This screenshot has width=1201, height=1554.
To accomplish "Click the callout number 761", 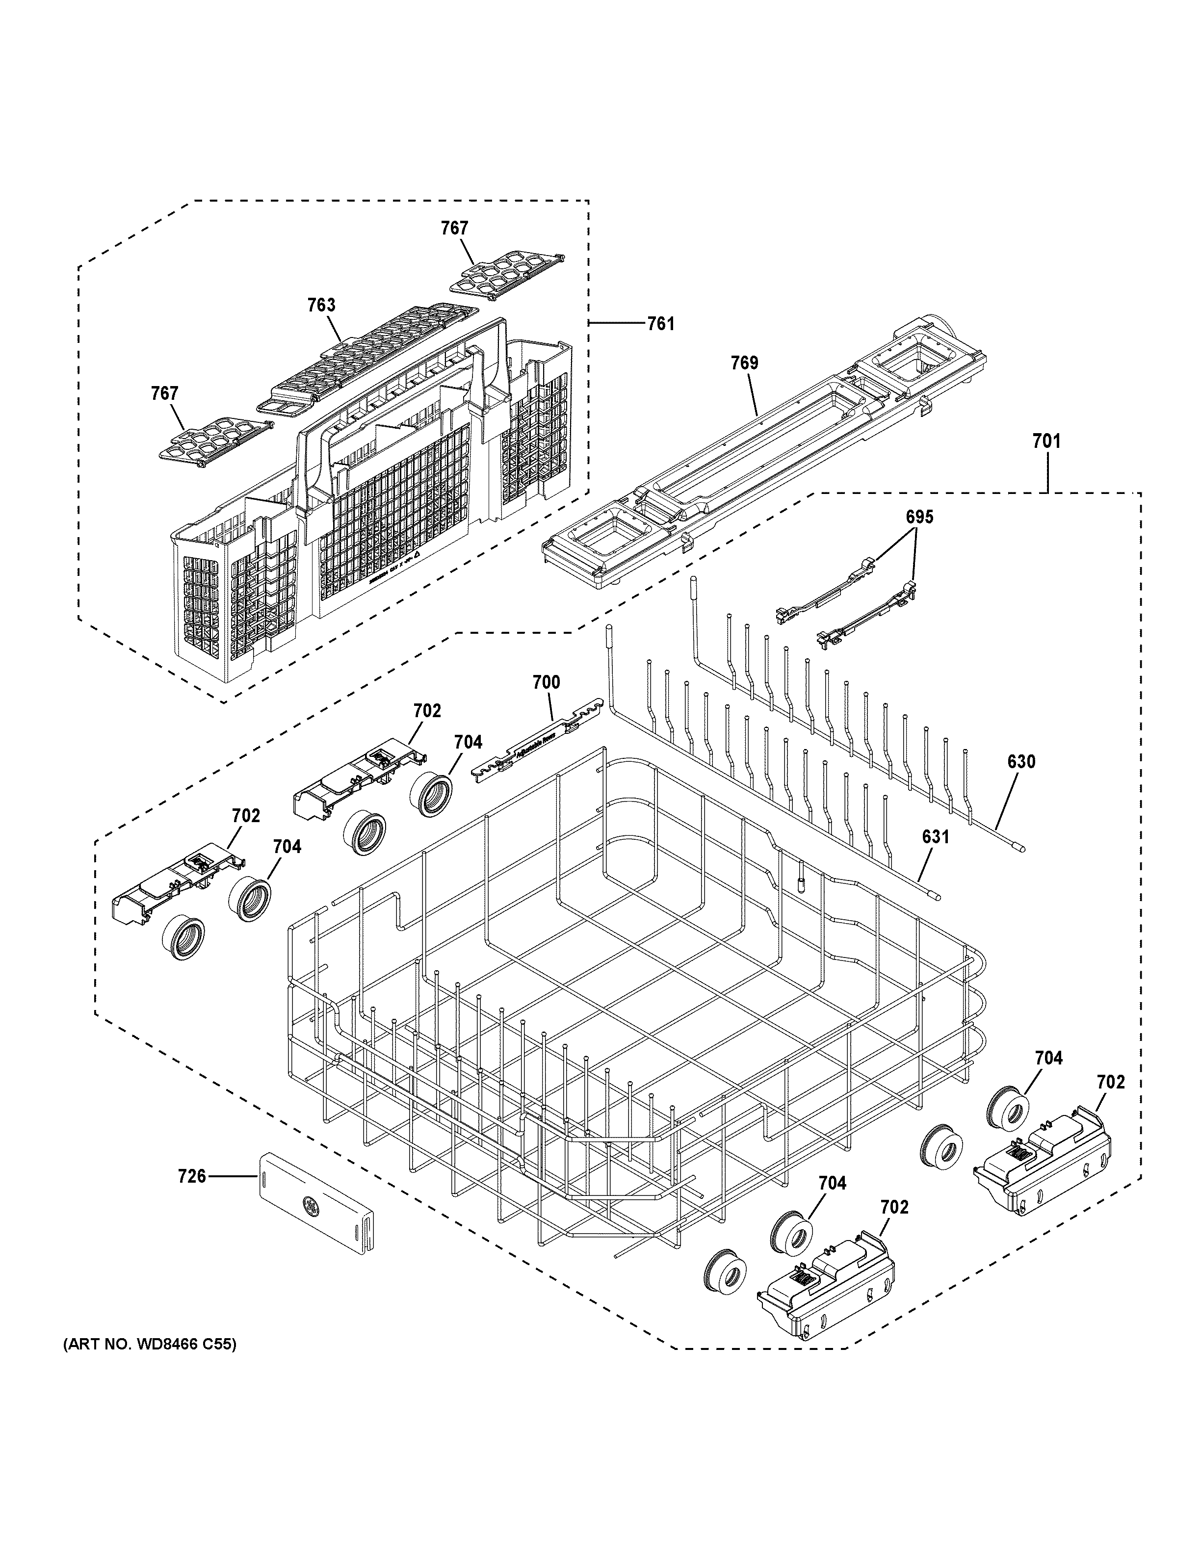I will (660, 324).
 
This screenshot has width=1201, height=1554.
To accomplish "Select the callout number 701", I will (1046, 442).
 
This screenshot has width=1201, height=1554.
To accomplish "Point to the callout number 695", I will (919, 518).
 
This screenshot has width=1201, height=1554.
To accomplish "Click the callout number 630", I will (1021, 762).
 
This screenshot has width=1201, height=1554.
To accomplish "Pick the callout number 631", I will (936, 837).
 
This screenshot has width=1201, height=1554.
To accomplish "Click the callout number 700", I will (547, 683).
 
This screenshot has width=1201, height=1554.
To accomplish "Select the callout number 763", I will (321, 305).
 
